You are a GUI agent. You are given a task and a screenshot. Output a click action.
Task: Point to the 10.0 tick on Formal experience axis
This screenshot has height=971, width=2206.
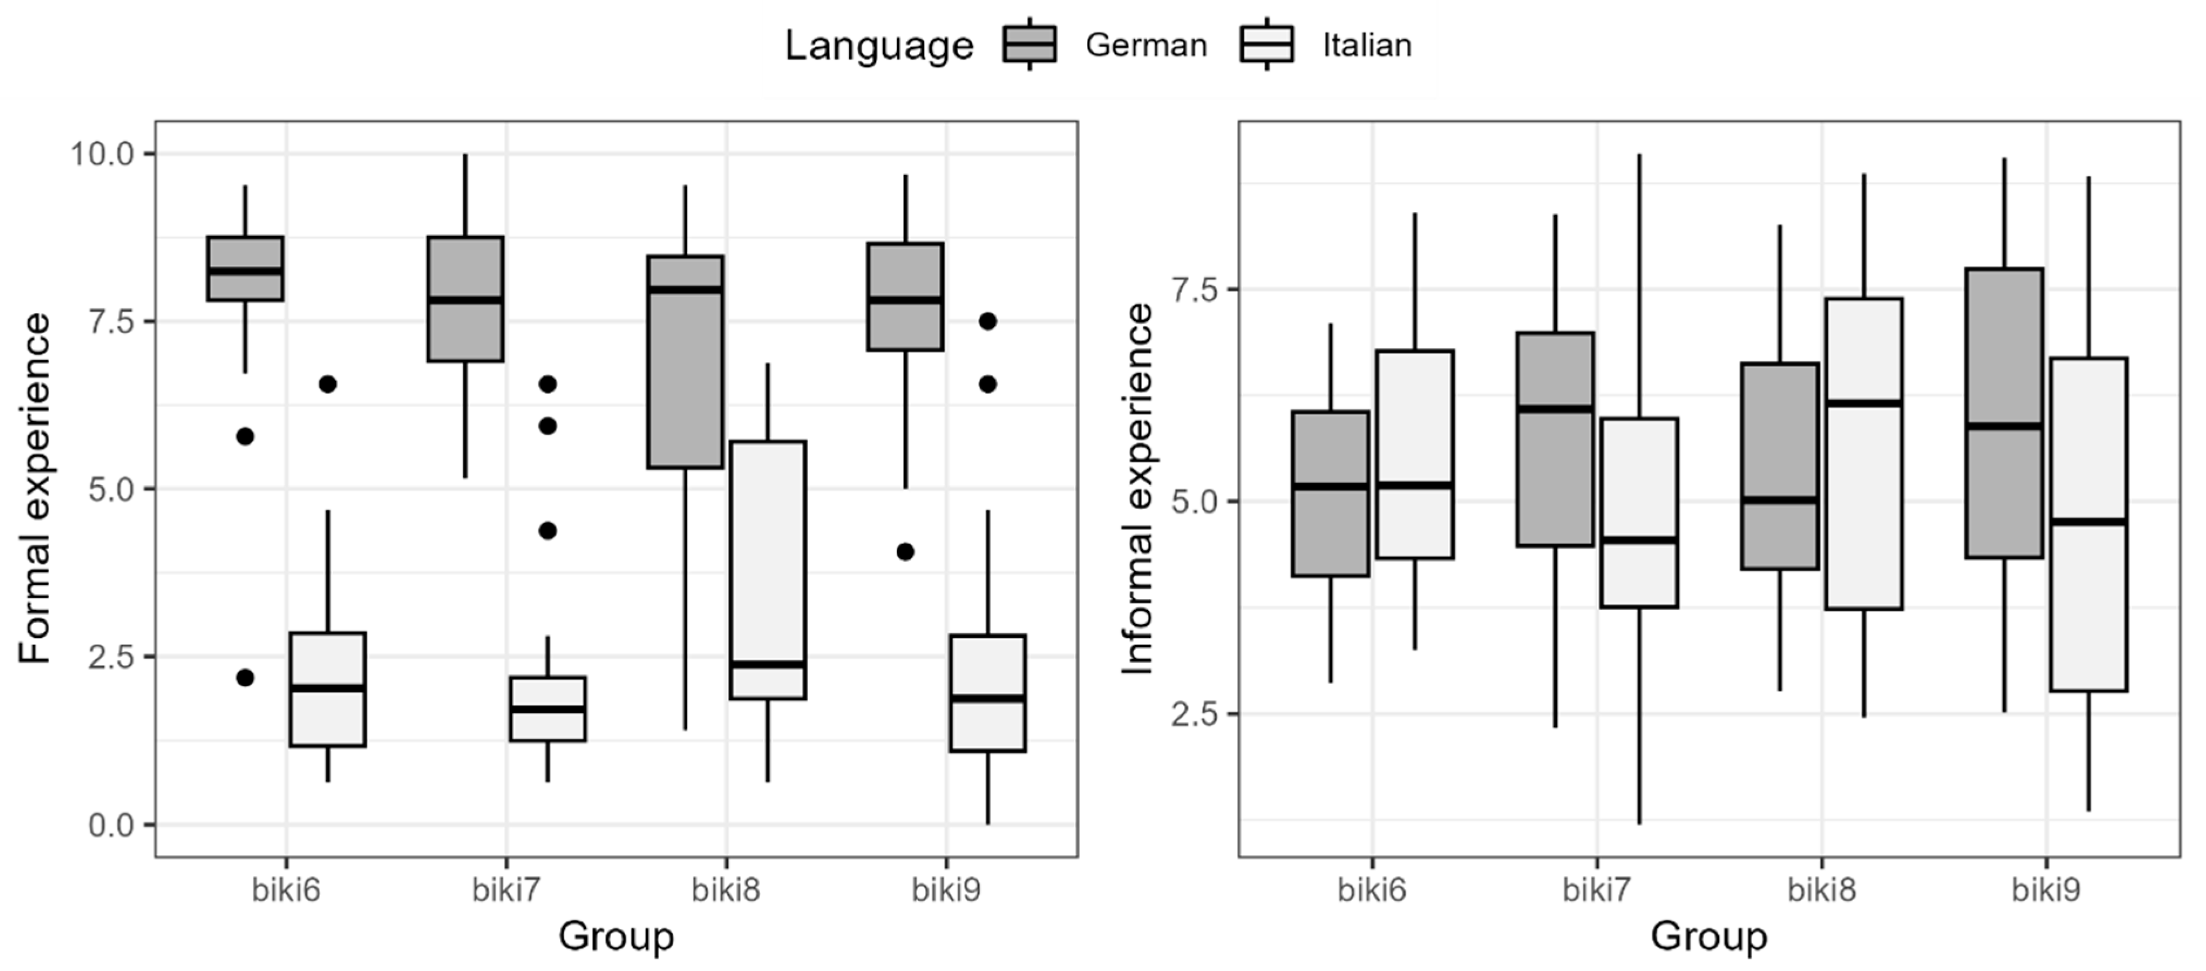(x=103, y=154)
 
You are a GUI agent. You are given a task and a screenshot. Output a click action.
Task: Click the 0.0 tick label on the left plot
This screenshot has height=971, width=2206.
(x=112, y=826)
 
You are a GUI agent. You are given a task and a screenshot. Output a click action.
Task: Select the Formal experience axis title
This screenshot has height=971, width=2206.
(x=36, y=488)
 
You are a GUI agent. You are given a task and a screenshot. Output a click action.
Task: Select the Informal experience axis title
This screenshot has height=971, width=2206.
(x=1138, y=488)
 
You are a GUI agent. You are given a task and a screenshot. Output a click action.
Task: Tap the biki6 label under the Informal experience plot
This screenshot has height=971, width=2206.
(x=1371, y=891)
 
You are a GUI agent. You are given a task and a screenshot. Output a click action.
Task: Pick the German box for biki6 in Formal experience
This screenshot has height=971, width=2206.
(x=245, y=268)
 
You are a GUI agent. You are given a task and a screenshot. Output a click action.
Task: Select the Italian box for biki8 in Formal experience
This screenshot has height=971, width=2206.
(x=767, y=569)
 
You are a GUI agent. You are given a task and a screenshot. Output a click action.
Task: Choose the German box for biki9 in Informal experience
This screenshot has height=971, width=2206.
(x=2003, y=413)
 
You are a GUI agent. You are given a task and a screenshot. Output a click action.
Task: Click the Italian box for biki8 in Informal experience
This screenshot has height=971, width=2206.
(x=1864, y=454)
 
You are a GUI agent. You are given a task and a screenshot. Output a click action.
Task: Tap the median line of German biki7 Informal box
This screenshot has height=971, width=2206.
(x=1555, y=409)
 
